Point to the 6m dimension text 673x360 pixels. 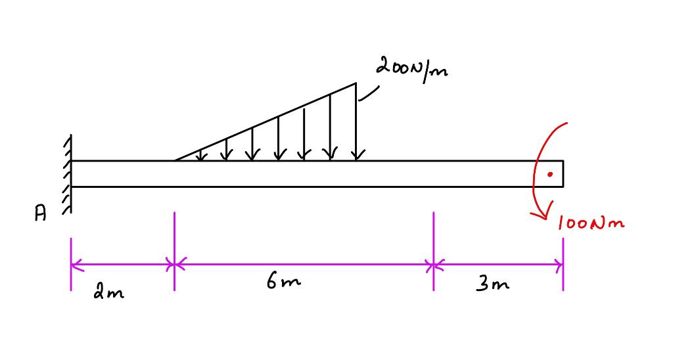(x=284, y=283)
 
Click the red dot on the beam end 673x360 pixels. (x=551, y=174)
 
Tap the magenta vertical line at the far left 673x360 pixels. (x=70, y=263)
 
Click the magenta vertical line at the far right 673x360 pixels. (x=563, y=263)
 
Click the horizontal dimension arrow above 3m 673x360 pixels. (x=498, y=266)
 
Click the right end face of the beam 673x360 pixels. (x=563, y=173)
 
